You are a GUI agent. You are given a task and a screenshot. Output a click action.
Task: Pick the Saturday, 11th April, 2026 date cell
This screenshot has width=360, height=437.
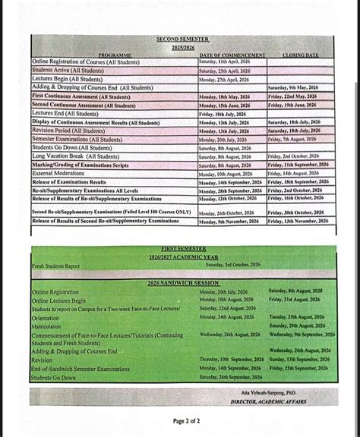[x=229, y=61]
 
